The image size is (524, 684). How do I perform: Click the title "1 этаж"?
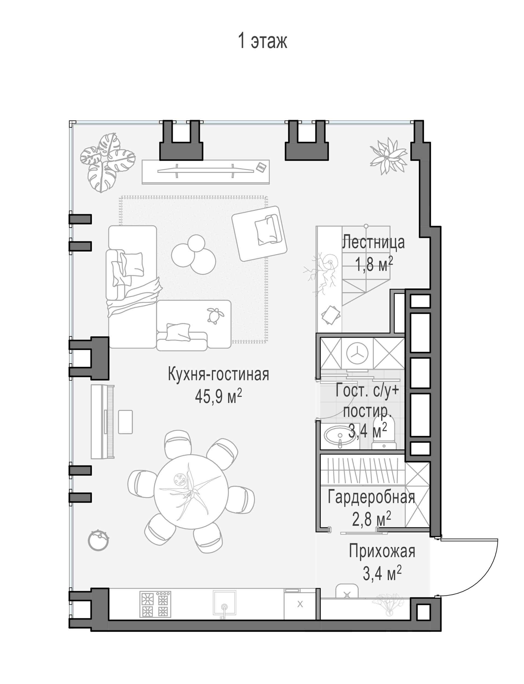[262, 41]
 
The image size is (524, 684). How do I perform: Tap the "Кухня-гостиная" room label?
[218, 374]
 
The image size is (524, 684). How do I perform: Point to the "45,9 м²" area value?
[218, 396]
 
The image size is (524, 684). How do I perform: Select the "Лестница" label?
[373, 242]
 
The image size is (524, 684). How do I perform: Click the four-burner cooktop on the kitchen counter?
[155, 604]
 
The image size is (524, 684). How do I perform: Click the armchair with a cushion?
[259, 233]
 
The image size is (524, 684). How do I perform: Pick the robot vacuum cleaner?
[98, 549]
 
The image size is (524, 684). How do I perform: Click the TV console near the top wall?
[206, 172]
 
